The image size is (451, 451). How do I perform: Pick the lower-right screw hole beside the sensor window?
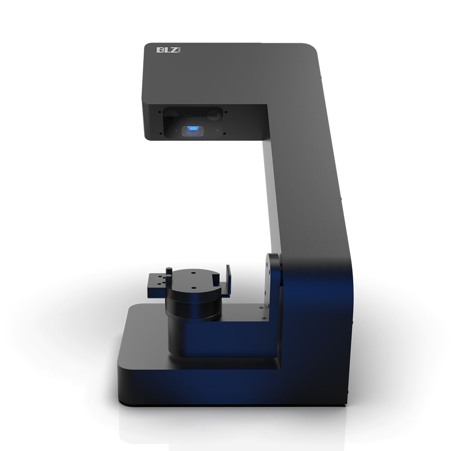click(224, 133)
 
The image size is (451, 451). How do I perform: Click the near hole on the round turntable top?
click(192, 288)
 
